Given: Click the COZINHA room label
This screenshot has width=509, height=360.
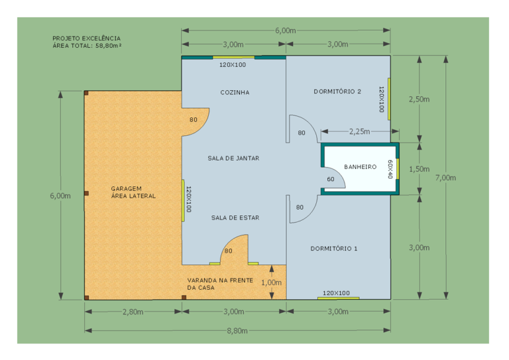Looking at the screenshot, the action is click(x=235, y=93).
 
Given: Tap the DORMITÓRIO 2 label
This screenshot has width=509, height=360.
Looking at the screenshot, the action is click(x=337, y=91).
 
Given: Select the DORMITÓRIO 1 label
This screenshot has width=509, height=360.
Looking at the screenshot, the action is click(x=334, y=249).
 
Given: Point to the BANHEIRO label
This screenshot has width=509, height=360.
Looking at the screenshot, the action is click(x=360, y=167).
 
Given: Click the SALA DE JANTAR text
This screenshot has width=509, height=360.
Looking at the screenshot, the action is click(x=233, y=158).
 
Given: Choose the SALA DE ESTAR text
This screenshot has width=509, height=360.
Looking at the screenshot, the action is click(x=235, y=218).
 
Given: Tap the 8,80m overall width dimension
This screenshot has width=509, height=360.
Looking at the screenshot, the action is click(x=237, y=331).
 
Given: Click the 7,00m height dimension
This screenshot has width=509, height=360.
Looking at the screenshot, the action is click(x=445, y=178).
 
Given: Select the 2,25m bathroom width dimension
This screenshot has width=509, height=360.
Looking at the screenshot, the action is click(x=359, y=131).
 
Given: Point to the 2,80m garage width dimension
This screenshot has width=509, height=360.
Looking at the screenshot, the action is click(x=133, y=312).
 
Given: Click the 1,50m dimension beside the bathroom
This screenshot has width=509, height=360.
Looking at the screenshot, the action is click(x=419, y=169).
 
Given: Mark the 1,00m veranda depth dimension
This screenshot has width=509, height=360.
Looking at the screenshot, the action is click(x=271, y=282).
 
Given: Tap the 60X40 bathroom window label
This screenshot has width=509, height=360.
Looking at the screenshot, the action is click(x=390, y=169).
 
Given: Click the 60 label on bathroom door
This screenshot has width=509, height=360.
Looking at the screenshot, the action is click(x=331, y=179).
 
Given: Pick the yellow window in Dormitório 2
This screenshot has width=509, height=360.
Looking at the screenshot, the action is click(x=389, y=99).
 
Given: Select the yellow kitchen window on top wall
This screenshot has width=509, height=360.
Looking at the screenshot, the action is click(x=233, y=57).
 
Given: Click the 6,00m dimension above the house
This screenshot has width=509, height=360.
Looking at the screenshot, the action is click(x=286, y=30).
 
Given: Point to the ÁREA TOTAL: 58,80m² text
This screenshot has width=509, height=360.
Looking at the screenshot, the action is click(x=87, y=46).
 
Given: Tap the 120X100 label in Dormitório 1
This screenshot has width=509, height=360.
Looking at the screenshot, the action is click(x=336, y=293).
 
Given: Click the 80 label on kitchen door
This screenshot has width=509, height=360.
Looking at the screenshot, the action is click(x=194, y=120).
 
